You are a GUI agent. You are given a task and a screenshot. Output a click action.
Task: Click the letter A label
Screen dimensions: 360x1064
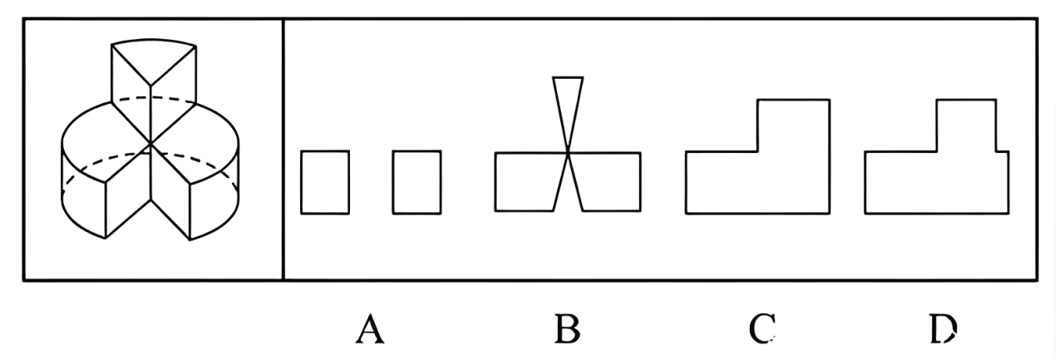[x=369, y=330]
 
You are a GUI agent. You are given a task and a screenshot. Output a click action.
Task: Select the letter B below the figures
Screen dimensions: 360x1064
[x=567, y=330]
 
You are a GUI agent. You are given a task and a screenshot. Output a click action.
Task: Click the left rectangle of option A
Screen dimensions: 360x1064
[x=325, y=183]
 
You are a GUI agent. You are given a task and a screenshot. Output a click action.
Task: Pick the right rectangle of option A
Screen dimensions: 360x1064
[x=416, y=183]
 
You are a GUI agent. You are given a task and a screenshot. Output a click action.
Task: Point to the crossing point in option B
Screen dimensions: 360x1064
[x=568, y=153]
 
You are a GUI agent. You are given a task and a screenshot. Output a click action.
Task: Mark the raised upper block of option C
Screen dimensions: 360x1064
[x=793, y=125]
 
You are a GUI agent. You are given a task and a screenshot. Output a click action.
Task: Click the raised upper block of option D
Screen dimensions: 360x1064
[x=965, y=125]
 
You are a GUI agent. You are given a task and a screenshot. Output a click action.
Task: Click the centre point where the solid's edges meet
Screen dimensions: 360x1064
[x=150, y=145]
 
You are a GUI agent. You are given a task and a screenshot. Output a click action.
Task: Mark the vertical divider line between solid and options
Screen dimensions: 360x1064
[x=283, y=150]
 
